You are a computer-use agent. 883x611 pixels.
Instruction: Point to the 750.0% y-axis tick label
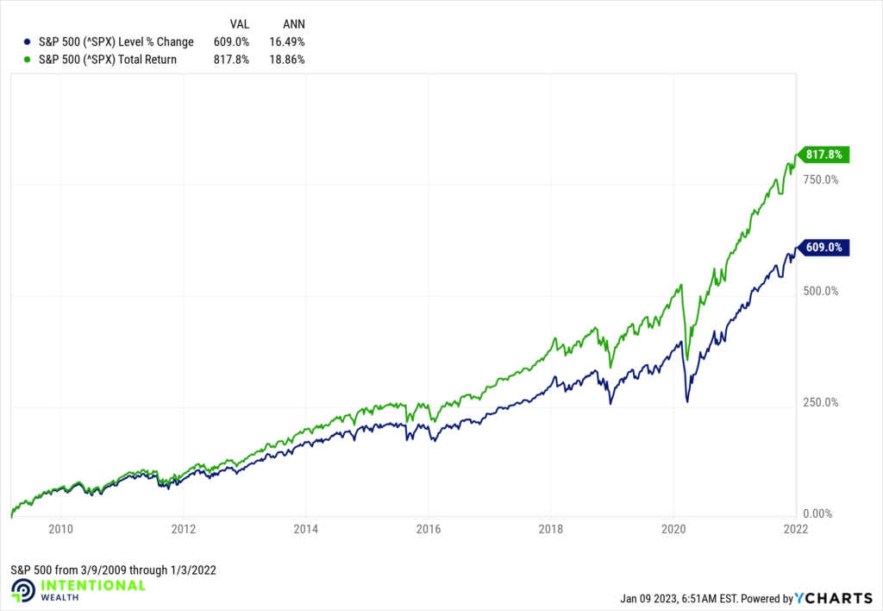[x=821, y=180]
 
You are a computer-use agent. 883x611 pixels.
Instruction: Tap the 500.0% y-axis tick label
[x=821, y=291]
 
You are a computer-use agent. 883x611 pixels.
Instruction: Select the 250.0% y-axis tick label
[x=821, y=402]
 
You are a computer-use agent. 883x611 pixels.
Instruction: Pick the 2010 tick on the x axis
[x=59, y=531]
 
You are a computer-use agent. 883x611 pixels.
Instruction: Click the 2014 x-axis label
[x=305, y=531]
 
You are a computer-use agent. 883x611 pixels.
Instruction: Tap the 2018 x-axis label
[x=550, y=531]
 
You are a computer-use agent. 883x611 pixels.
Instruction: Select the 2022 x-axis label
[x=794, y=531]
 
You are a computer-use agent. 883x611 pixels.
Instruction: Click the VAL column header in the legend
[x=240, y=23]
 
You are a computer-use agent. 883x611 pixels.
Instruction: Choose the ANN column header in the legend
[x=293, y=23]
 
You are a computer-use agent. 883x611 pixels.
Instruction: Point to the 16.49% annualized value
[x=287, y=41]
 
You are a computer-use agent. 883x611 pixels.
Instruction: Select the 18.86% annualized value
[x=287, y=60]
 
